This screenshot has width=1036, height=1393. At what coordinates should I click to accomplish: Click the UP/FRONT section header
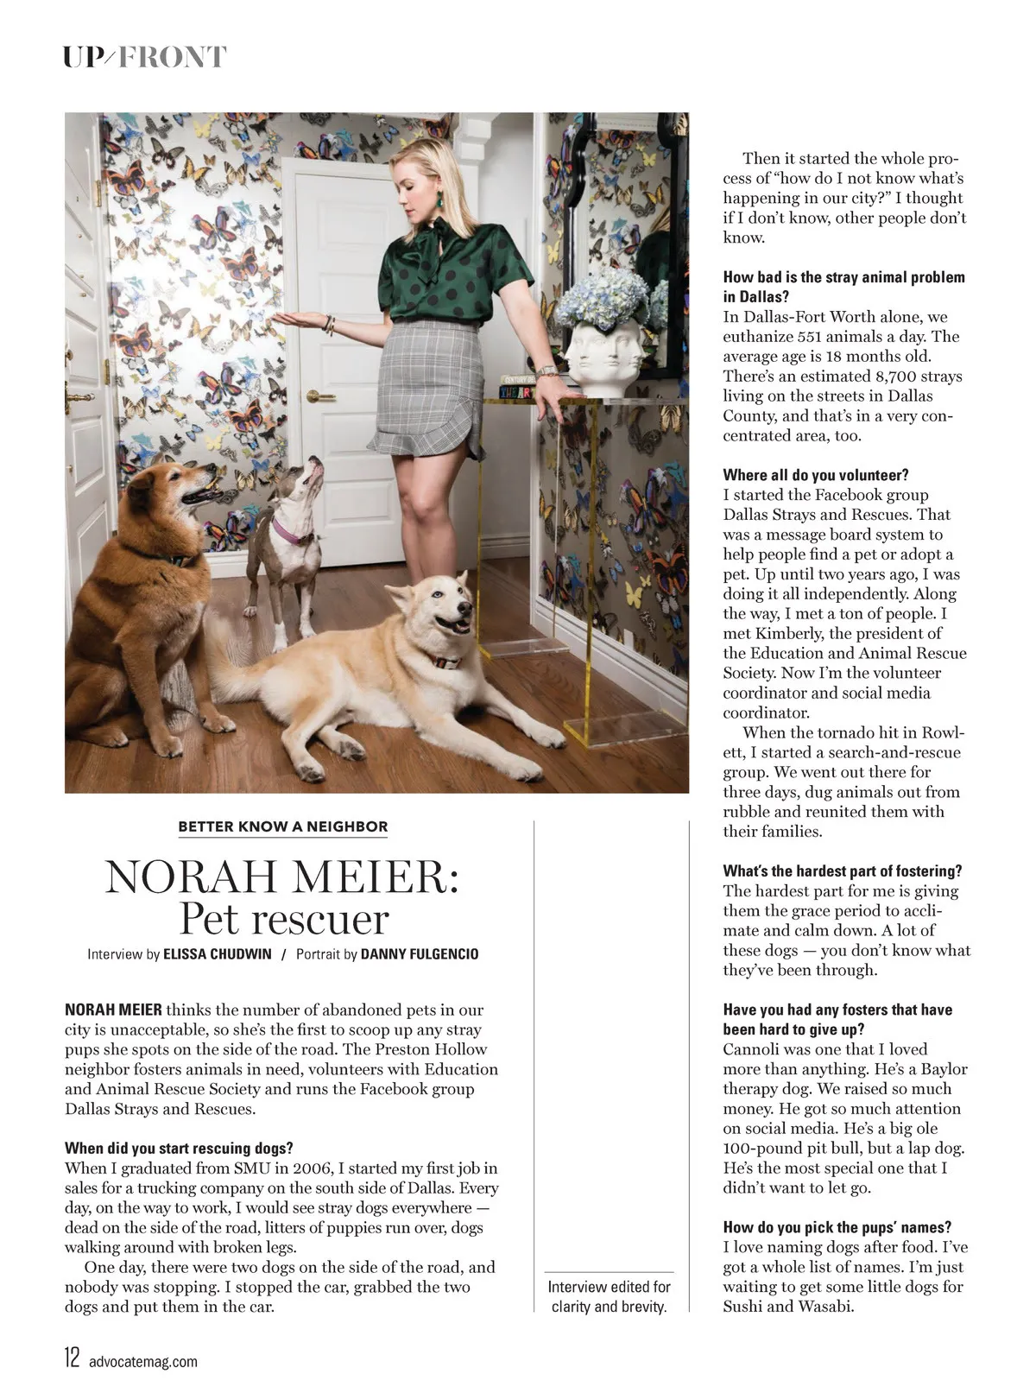pyautogui.click(x=144, y=57)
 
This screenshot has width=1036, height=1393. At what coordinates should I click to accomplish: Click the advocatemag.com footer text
pyautogui.click(x=142, y=1361)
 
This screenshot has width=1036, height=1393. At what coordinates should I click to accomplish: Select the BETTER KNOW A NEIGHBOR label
pyautogui.click(x=282, y=826)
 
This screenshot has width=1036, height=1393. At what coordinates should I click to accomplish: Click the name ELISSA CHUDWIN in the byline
pyautogui.click(x=218, y=954)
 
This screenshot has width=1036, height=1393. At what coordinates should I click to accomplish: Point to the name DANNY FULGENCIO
pyautogui.click(x=420, y=954)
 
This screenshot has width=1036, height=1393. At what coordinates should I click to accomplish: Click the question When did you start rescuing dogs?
pyautogui.click(x=179, y=1149)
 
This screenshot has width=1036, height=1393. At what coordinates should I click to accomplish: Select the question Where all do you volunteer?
pyautogui.click(x=816, y=475)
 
